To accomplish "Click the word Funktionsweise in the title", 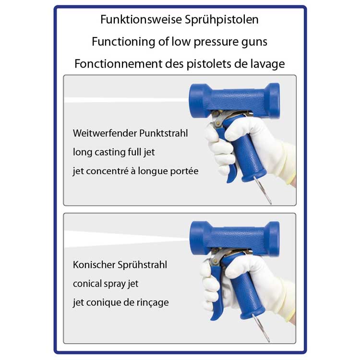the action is [141, 19].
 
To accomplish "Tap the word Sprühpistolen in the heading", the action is [222, 20].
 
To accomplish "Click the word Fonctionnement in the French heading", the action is [119, 63].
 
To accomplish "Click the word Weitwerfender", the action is [105, 133].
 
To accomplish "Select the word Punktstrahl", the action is [164, 133].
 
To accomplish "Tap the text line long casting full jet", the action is [114, 153].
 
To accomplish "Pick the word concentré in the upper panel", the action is [108, 171].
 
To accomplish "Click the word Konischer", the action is [94, 265].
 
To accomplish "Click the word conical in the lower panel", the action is [87, 284].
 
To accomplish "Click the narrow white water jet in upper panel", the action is [126, 100].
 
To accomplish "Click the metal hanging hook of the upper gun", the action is [263, 191].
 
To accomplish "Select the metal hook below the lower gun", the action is [261, 328].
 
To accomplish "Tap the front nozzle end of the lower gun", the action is [197, 238].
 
